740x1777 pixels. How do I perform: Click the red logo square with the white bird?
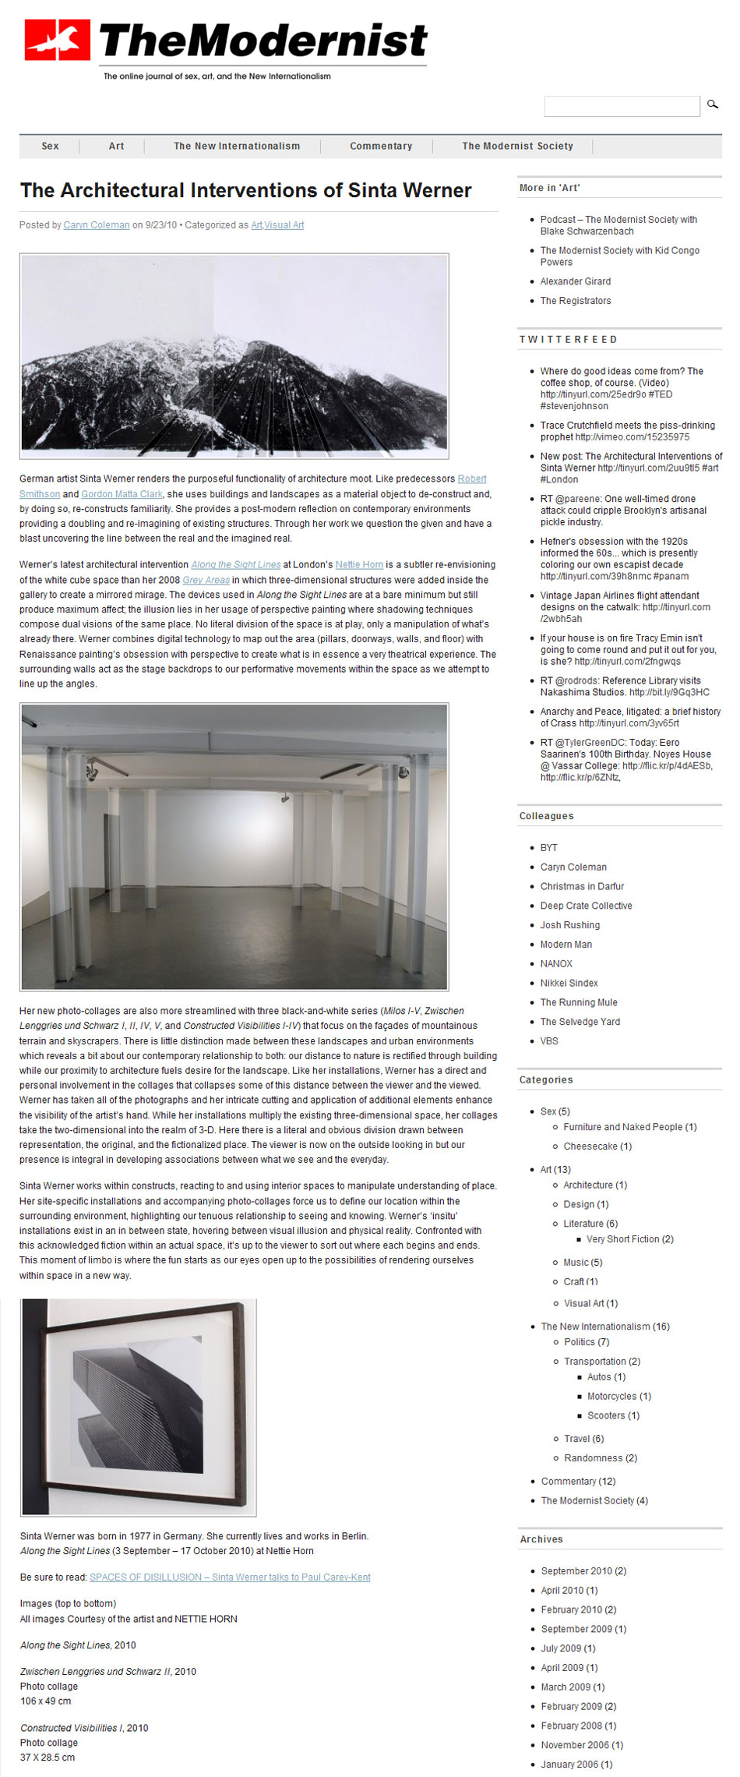tap(57, 41)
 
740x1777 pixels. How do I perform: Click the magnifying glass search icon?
tap(712, 104)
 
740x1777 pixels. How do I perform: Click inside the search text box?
tap(621, 106)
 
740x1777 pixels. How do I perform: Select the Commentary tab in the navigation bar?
tap(381, 146)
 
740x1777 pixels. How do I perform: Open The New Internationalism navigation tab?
tap(237, 146)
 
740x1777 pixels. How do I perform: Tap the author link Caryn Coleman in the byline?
tap(97, 225)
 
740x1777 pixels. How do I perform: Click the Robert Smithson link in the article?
tap(472, 479)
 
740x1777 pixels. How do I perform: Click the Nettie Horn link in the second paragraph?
tap(359, 565)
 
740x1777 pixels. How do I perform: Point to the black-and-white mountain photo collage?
tap(234, 356)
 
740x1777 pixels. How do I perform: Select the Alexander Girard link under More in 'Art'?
tap(576, 281)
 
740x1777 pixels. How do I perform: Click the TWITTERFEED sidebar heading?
tap(568, 340)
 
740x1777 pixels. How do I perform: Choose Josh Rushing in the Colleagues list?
tap(570, 925)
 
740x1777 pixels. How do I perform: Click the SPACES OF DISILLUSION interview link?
tap(230, 1577)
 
